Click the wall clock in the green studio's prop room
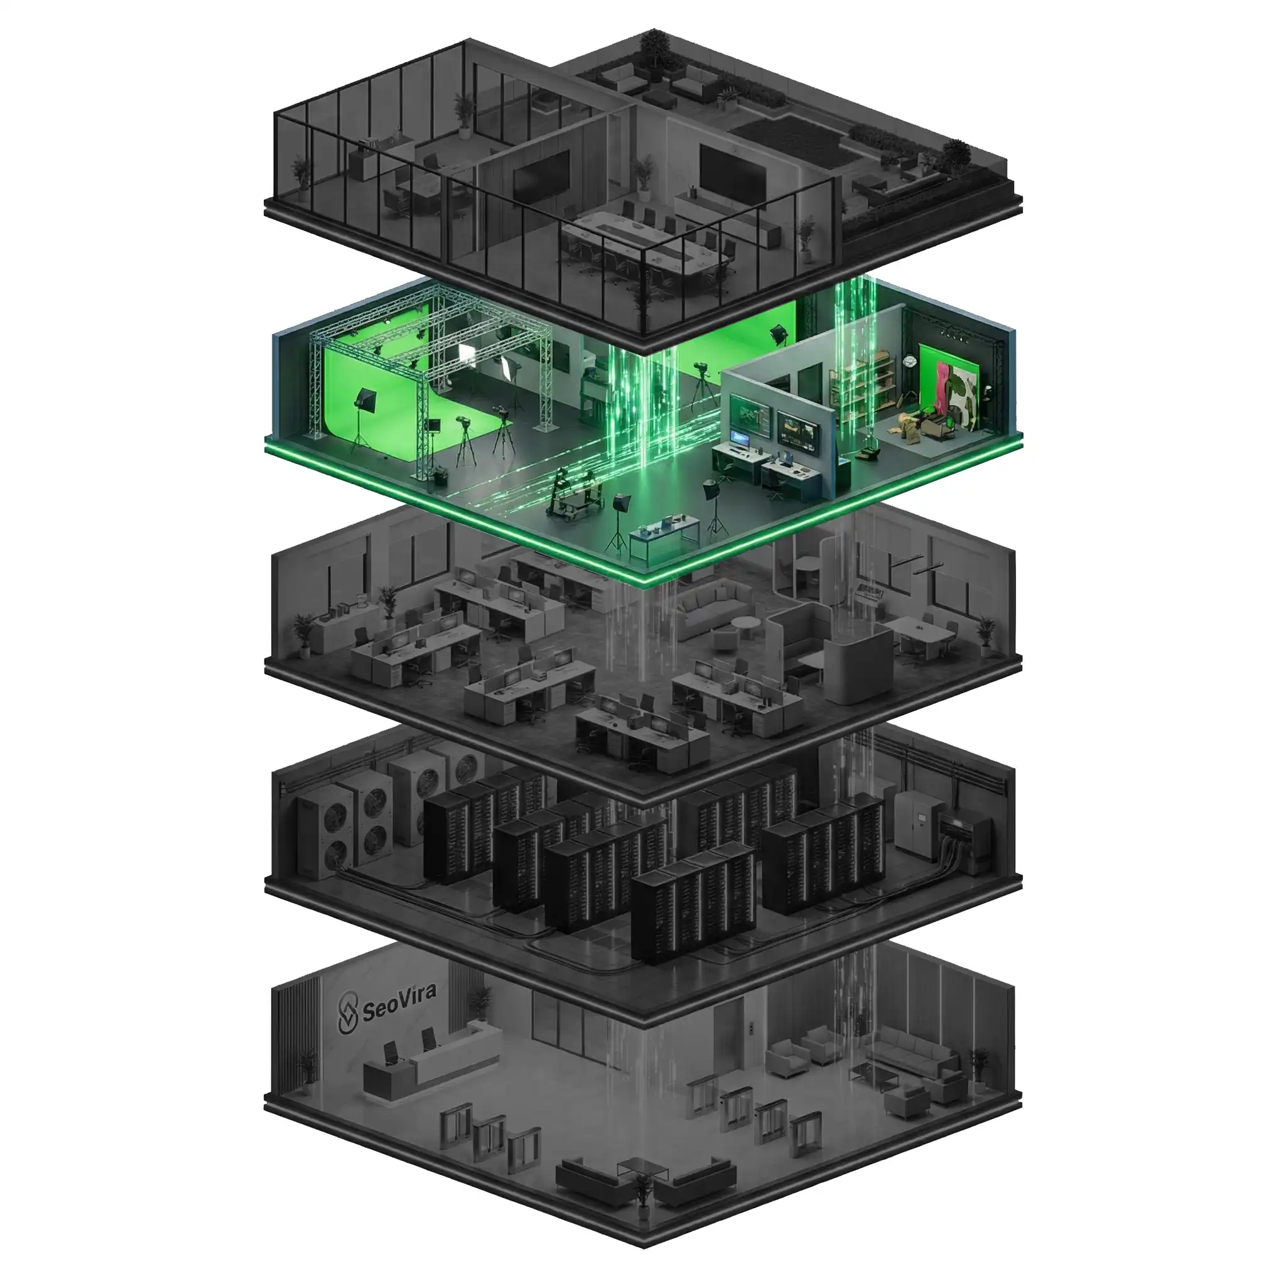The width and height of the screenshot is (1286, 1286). click(x=910, y=362)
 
